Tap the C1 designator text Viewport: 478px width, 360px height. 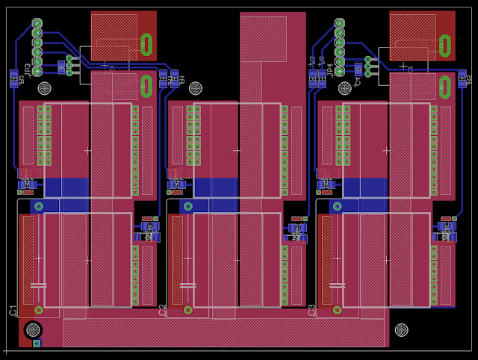13,310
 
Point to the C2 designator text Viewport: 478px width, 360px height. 163,310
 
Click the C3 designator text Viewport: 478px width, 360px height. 312,310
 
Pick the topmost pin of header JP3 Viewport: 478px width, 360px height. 37,23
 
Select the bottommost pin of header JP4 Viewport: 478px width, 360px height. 340,72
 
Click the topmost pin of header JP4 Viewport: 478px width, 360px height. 340,23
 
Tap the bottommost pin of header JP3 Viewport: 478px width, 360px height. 37,72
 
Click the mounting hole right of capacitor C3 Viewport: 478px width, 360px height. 401,329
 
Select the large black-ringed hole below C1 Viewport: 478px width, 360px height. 33,329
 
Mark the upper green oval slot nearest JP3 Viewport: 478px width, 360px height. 146,45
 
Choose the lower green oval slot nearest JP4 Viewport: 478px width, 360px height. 445,87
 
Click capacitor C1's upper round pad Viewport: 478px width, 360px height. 39,206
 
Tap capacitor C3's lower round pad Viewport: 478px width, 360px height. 338,310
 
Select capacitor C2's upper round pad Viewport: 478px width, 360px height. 188,206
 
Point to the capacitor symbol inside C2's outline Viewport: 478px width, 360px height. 187,285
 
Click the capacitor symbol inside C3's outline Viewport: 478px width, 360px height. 337,285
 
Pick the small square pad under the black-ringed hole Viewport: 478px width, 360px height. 37,344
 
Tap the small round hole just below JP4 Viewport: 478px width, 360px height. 345,88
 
